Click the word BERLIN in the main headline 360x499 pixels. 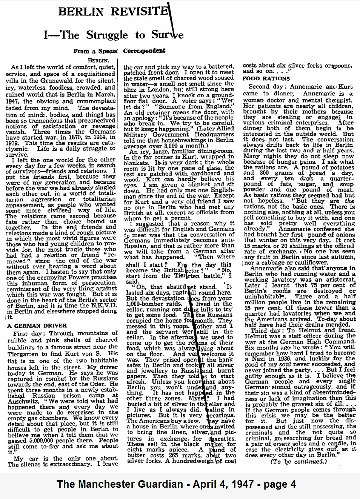click(x=81, y=12)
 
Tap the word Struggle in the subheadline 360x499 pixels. click(x=107, y=35)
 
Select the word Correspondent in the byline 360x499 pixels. click(x=144, y=51)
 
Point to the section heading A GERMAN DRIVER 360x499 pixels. click(x=37, y=326)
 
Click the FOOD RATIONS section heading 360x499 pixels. click(x=266, y=78)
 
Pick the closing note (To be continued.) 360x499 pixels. click(x=298, y=461)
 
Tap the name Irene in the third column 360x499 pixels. click(x=345, y=330)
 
